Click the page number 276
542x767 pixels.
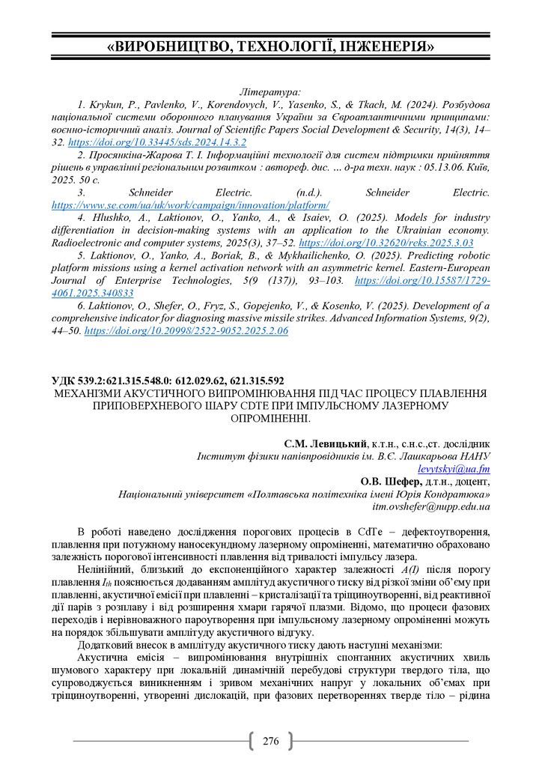(x=271, y=742)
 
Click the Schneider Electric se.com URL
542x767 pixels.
(x=190, y=204)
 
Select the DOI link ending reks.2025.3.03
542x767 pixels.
(x=386, y=243)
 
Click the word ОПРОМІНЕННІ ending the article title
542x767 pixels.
(x=271, y=418)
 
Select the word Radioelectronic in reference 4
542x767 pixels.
(x=90, y=243)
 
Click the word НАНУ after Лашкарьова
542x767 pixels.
(x=474, y=456)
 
